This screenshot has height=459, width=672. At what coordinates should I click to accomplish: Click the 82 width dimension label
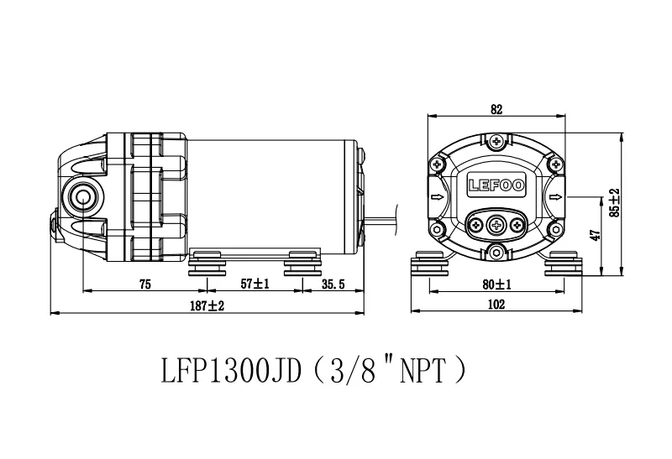click(x=496, y=109)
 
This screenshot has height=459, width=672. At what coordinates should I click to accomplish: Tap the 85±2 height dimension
click(x=615, y=202)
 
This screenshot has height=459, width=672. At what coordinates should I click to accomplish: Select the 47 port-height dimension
click(x=596, y=235)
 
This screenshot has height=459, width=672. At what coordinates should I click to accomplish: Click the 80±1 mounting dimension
click(x=496, y=284)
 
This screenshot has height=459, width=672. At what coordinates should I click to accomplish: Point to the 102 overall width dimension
click(x=496, y=305)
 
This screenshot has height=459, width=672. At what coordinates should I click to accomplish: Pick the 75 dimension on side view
click(x=145, y=284)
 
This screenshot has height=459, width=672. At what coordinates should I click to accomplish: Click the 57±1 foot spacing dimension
click(x=255, y=284)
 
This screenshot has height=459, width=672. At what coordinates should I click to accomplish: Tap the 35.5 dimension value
click(x=333, y=284)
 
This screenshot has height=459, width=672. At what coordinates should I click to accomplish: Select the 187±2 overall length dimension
click(x=207, y=305)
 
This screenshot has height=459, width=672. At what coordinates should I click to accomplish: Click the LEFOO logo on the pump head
click(x=496, y=185)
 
